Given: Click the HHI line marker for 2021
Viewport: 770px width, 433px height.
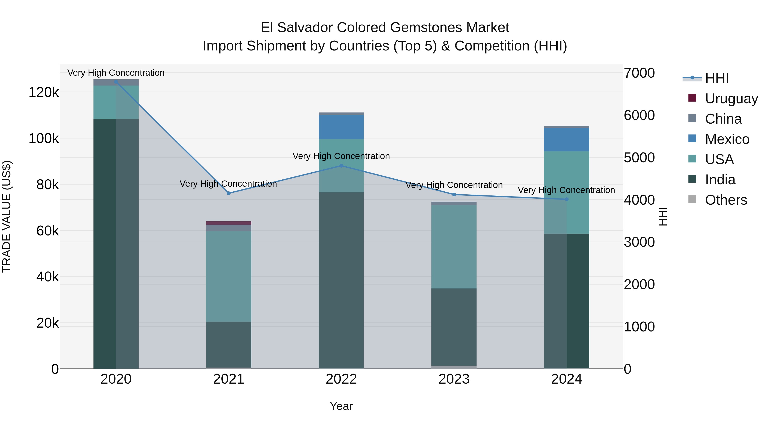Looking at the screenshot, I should [x=229, y=193].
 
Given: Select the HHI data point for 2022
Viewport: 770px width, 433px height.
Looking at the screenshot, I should [x=341, y=166].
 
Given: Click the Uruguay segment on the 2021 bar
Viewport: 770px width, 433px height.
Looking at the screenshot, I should [x=229, y=223].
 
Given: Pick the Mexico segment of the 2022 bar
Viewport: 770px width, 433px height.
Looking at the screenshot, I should [x=341, y=127].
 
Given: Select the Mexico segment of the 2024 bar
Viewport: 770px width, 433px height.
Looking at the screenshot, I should [x=566, y=140].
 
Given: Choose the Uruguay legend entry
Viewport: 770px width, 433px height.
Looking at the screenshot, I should [x=731, y=98].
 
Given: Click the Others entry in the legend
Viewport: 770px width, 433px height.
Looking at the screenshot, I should [x=726, y=200].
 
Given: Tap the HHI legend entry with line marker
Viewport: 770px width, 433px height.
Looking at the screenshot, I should [x=717, y=78].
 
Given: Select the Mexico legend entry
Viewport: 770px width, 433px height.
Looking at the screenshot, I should [x=727, y=139].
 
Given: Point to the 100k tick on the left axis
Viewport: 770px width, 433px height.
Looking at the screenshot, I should [x=44, y=139].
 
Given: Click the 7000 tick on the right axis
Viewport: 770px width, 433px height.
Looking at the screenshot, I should [x=639, y=73].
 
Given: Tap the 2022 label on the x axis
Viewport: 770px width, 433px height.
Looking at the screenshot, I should [x=341, y=379].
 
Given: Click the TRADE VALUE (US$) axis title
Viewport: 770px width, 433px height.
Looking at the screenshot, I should [x=7, y=216].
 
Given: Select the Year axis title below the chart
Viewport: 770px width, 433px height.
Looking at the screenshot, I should [x=341, y=406].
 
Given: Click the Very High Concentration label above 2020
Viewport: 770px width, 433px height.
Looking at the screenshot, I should [x=116, y=73].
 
